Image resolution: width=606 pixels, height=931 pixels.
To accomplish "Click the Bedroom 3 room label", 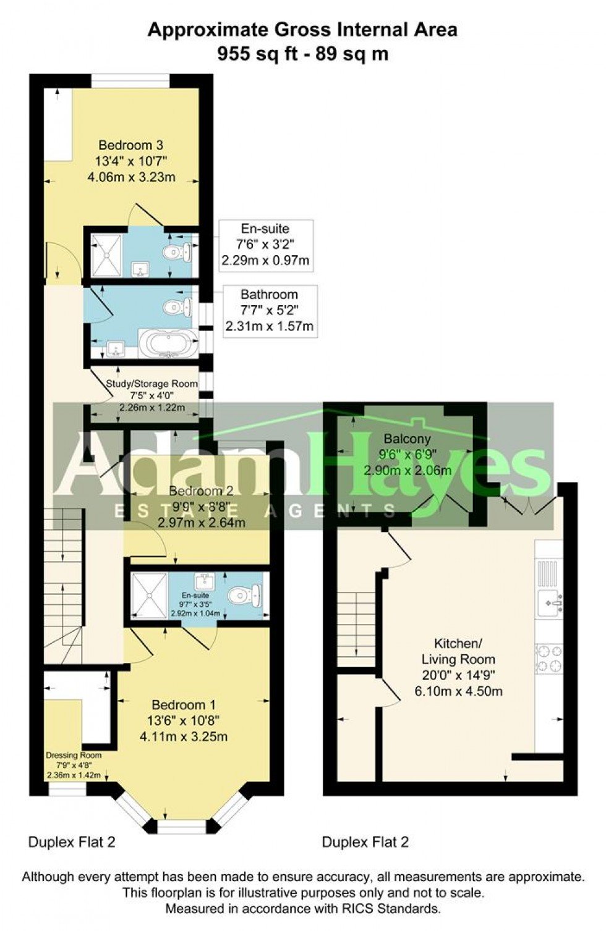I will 131,145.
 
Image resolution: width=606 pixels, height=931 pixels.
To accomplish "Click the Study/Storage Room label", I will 151,384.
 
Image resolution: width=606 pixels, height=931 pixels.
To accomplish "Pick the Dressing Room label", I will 73,755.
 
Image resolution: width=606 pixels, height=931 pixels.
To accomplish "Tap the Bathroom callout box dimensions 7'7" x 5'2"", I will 269,310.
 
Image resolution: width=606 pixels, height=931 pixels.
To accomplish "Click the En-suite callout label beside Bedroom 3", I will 265,229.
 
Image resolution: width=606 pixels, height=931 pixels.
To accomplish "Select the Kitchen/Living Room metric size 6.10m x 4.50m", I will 458,691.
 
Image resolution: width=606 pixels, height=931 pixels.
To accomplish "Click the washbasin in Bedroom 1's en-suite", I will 203,580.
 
